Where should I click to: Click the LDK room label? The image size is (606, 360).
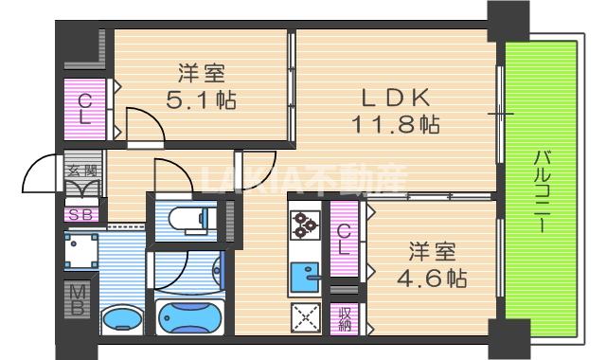[x=397, y=96]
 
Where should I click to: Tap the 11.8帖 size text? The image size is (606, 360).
[x=396, y=123]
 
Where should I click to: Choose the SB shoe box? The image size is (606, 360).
[x=80, y=213]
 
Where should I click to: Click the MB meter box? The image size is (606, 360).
[x=79, y=298]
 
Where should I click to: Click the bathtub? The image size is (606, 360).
[x=189, y=316]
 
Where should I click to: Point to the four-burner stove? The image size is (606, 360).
[x=305, y=226]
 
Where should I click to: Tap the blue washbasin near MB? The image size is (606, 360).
[x=118, y=318]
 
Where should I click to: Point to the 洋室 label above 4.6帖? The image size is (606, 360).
[x=434, y=253]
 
